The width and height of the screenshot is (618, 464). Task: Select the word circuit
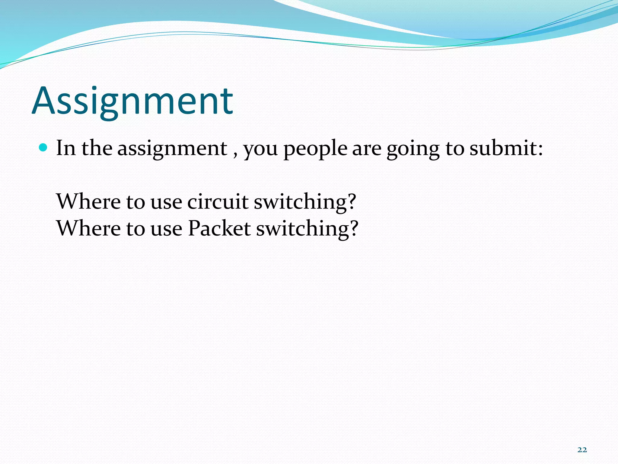(x=218, y=201)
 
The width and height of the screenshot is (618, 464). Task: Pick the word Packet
(x=219, y=228)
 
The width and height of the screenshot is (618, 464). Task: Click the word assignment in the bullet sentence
(x=172, y=149)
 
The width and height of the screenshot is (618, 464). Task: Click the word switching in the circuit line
(x=300, y=202)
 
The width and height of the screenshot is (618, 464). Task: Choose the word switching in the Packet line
(x=302, y=229)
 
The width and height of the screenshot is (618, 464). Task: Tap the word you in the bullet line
(x=260, y=150)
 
